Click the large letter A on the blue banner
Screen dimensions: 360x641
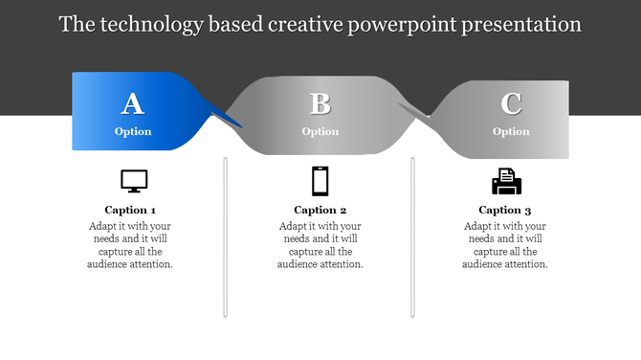(x=133, y=103)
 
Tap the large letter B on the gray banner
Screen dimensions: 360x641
(x=320, y=103)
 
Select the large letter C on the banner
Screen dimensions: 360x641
(x=511, y=103)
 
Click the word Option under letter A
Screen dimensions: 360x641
(x=133, y=131)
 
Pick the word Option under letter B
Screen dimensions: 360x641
(x=320, y=131)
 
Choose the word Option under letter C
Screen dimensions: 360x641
(x=511, y=131)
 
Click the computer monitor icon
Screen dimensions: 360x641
(x=134, y=181)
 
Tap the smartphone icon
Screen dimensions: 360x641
(x=320, y=180)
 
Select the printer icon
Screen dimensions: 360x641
(x=506, y=181)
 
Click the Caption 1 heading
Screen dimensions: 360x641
(x=130, y=210)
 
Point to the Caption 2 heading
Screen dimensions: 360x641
(x=320, y=210)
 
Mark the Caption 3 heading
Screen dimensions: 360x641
(x=505, y=210)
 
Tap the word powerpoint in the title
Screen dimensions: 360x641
(x=404, y=24)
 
